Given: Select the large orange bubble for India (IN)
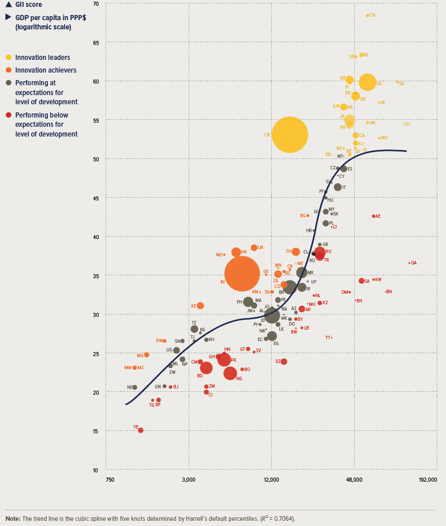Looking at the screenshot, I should pyautogui.click(x=241, y=274).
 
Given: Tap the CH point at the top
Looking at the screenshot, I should pyautogui.click(x=368, y=15).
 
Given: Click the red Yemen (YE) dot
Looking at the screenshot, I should pyautogui.click(x=140, y=430).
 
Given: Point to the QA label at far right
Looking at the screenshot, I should pyautogui.click(x=414, y=263).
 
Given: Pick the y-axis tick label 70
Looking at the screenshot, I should pyautogui.click(x=95, y=4).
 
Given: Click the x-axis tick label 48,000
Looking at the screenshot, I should pyautogui.click(x=354, y=479).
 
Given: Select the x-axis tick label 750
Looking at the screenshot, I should pyautogui.click(x=110, y=479).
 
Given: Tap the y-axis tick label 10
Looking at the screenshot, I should pyautogui.click(x=95, y=470).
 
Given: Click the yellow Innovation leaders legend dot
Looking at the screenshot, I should pyautogui.click(x=9, y=58).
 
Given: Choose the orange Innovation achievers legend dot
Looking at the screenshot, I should pyautogui.click(x=9, y=70).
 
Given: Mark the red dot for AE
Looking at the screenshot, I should pyautogui.click(x=373, y=216).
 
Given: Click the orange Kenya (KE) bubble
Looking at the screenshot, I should pyautogui.click(x=200, y=305).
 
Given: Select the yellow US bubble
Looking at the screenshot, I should pyautogui.click(x=368, y=82).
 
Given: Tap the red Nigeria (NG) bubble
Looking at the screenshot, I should pyautogui.click(x=230, y=373).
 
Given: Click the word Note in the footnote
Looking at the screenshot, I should pyautogui.click(x=12, y=519).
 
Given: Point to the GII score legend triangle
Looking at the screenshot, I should pyautogui.click(x=8, y=5).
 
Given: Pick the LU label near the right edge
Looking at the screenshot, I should pyautogui.click(x=407, y=124).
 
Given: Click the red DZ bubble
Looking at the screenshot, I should pyautogui.click(x=284, y=362).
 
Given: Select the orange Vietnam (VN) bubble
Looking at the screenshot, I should pyautogui.click(x=236, y=252).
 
